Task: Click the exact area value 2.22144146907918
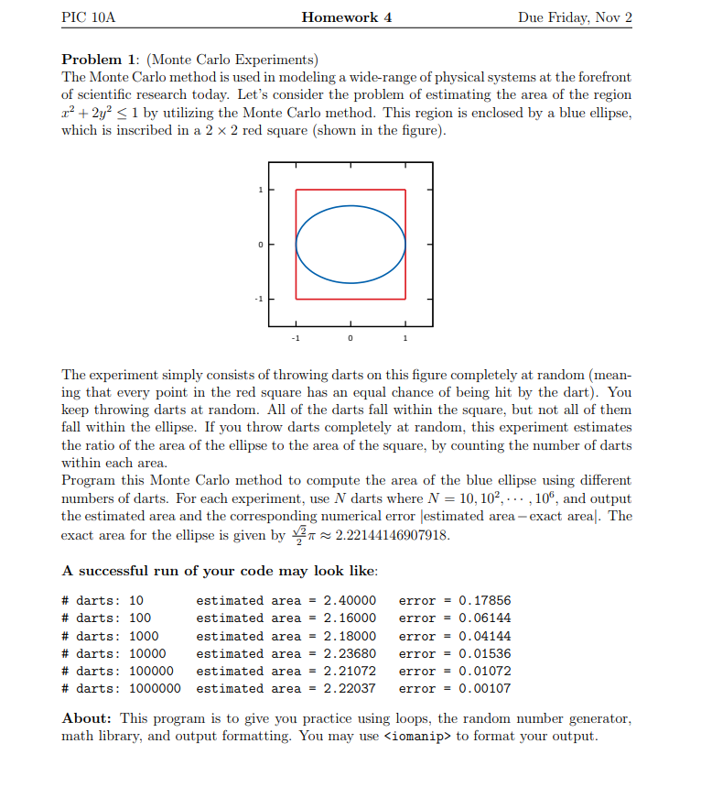[x=393, y=536]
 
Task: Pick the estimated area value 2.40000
[x=350, y=601]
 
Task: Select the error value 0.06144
[x=484, y=618]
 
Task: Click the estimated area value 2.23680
[x=350, y=653]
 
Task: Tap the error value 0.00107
[x=484, y=688]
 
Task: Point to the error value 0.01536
[x=484, y=653]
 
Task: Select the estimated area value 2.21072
[x=350, y=671]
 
